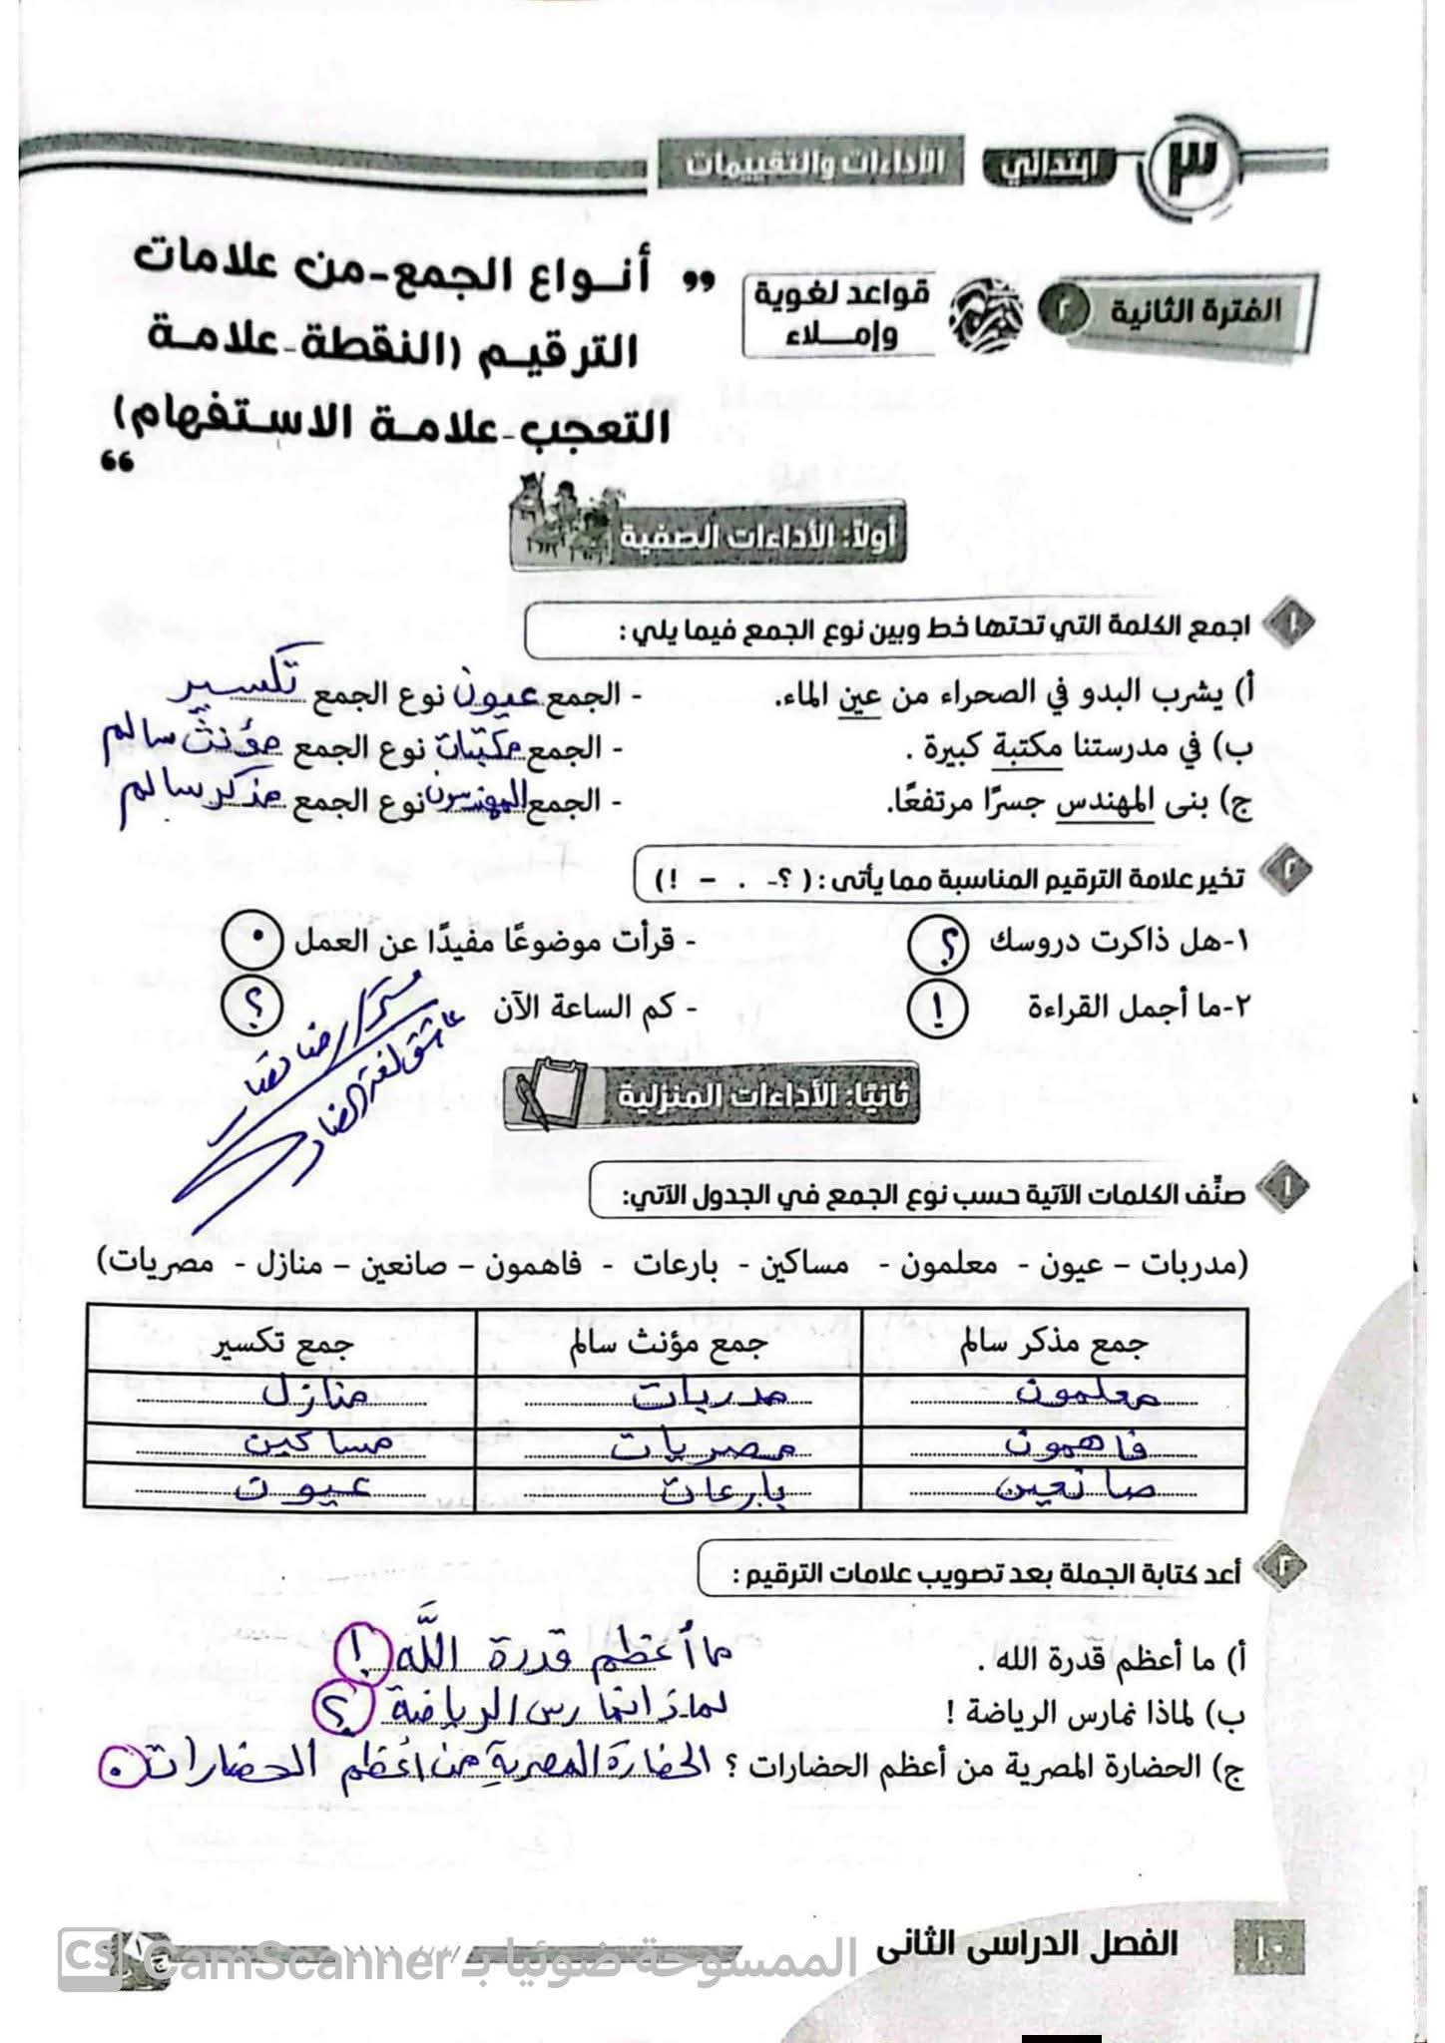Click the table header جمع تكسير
point(282,1343)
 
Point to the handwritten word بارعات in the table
point(700,1487)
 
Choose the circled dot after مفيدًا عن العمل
point(251,941)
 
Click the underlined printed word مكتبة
point(1030,748)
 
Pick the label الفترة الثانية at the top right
point(1196,310)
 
